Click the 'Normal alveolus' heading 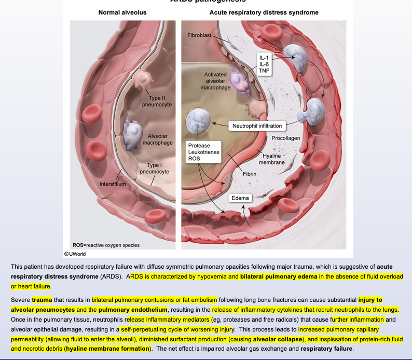click(122, 12)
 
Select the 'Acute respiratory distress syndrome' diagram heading click(264, 12)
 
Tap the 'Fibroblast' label click(200, 35)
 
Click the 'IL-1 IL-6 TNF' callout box click(264, 64)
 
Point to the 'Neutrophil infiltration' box click(257, 126)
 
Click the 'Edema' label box click(240, 198)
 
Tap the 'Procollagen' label click(286, 139)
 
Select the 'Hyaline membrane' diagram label click(272, 159)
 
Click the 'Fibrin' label click(250, 174)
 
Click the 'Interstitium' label click(113, 184)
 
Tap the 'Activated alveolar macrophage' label click(215, 81)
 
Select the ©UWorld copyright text click(75, 254)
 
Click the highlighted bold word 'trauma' click(42, 300)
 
